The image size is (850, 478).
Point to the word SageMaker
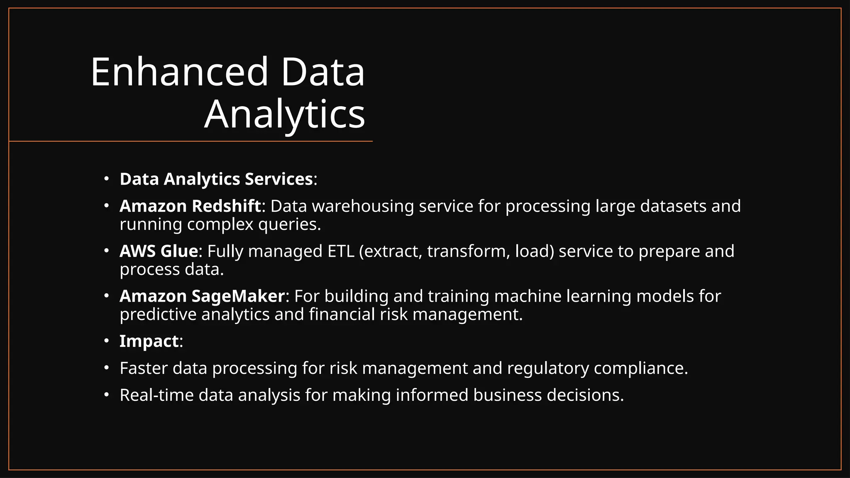tap(238, 296)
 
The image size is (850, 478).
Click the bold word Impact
tap(149, 341)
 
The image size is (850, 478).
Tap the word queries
tap(289, 224)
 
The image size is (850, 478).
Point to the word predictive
tap(158, 315)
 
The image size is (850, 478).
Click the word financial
tap(342, 315)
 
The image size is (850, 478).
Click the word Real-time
tap(156, 395)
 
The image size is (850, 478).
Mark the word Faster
tap(144, 368)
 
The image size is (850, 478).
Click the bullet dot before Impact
tap(107, 341)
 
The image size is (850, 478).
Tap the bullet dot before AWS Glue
tap(107, 251)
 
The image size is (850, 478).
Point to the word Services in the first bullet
tap(278, 179)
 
